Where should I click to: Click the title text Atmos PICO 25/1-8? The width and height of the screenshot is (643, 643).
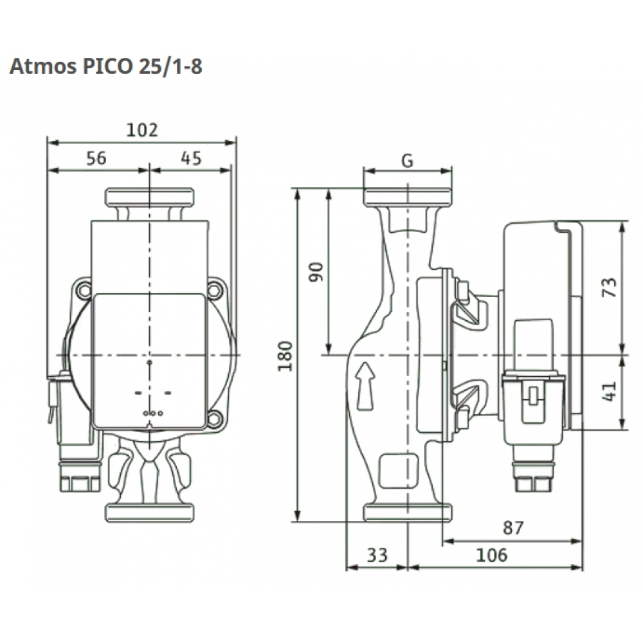(106, 67)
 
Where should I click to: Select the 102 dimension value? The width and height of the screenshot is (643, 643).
(141, 130)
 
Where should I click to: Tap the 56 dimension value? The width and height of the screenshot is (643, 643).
(96, 158)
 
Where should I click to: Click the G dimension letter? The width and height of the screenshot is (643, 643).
(407, 161)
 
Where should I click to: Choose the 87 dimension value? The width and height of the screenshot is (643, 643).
(512, 529)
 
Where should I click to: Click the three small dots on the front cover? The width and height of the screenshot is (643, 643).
(152, 413)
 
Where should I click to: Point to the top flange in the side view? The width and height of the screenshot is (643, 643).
(408, 197)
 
